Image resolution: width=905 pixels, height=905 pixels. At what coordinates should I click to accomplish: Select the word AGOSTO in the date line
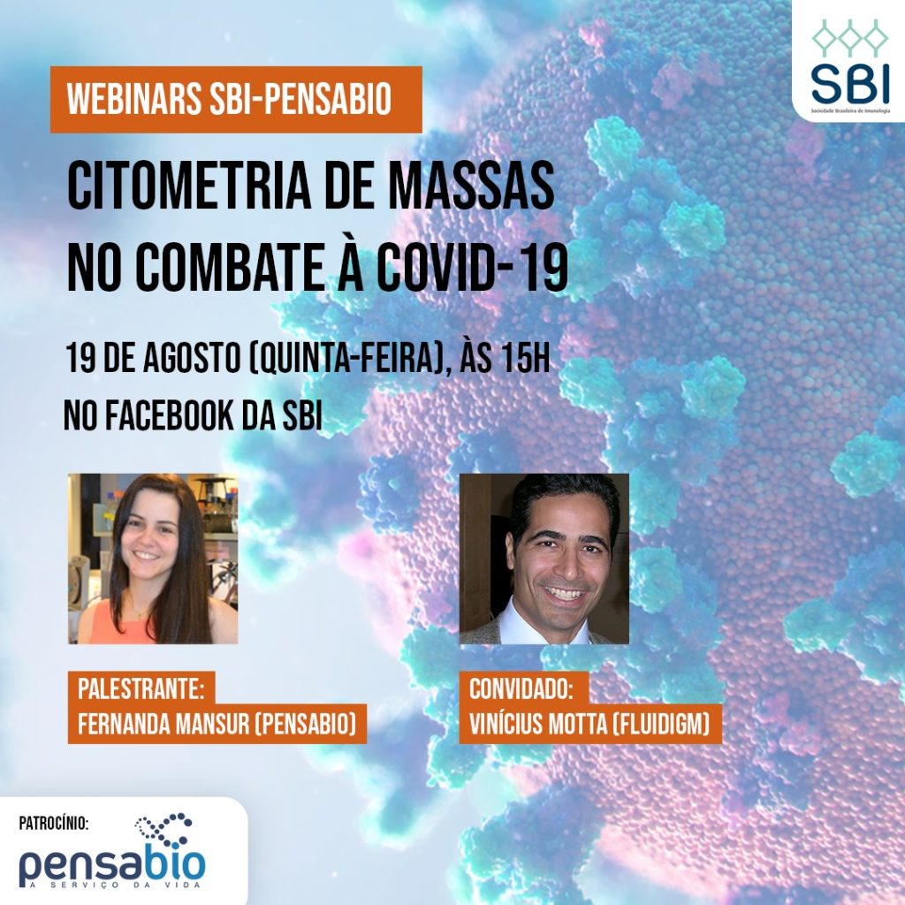pyautogui.click(x=192, y=358)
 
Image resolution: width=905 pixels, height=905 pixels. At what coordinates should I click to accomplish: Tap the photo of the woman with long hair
pyautogui.click(x=153, y=559)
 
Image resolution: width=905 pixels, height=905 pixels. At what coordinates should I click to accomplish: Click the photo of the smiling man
pyautogui.click(x=544, y=559)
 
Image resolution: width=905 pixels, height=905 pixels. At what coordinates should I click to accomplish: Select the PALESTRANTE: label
pyautogui.click(x=141, y=688)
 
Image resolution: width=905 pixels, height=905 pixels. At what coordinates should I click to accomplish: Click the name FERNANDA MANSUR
pyautogui.click(x=164, y=724)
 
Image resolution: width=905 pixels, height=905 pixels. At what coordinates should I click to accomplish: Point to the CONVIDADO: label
pyautogui.click(x=521, y=688)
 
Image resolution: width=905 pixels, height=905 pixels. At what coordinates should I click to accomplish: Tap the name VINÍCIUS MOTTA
pyautogui.click(x=536, y=724)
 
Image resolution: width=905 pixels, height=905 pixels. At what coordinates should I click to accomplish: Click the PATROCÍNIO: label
pyautogui.click(x=54, y=823)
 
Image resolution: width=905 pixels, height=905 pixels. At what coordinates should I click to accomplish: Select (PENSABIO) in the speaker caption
pyautogui.click(x=306, y=724)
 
